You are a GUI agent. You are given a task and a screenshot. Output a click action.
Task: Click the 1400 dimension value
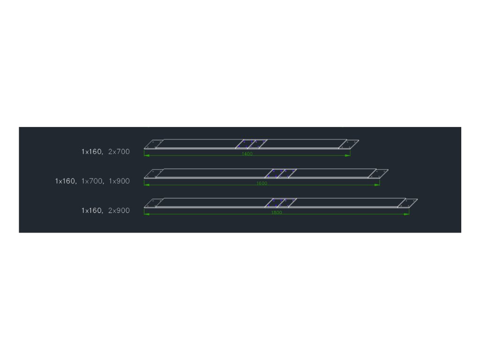(x=247, y=154)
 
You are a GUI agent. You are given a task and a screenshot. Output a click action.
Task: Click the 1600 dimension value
(x=262, y=183)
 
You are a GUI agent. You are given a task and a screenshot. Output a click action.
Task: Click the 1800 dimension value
(x=277, y=212)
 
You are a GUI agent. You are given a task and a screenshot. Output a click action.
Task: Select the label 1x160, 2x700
(x=105, y=151)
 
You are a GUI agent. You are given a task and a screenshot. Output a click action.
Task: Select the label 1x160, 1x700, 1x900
(x=92, y=181)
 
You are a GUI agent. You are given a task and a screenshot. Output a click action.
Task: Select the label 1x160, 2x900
(x=105, y=210)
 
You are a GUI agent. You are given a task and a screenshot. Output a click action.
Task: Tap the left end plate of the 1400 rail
(x=153, y=144)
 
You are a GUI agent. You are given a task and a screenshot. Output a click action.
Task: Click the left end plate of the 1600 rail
(x=153, y=173)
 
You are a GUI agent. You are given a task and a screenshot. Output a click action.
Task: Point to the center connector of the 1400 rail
(x=251, y=144)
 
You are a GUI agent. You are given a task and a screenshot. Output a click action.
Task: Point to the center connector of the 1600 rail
(x=280, y=173)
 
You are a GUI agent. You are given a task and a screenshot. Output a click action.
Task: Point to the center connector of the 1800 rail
(x=280, y=202)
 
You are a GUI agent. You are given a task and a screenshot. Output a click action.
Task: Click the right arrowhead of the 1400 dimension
(x=348, y=155)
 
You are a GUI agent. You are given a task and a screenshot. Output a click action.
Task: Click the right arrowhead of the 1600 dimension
(x=378, y=185)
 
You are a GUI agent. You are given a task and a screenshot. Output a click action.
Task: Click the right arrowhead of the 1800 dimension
(x=407, y=214)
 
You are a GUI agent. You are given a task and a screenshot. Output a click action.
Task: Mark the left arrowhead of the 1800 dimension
(x=146, y=214)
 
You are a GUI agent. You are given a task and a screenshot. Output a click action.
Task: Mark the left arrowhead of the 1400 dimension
(x=146, y=155)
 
